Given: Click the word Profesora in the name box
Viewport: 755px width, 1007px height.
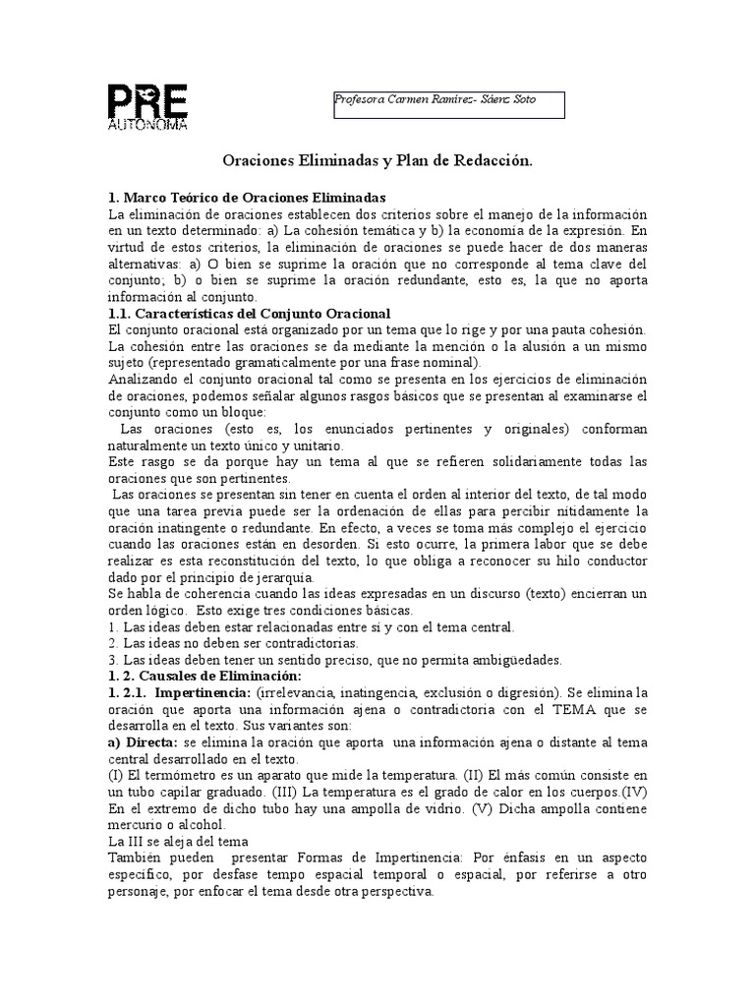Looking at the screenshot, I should [x=360, y=100].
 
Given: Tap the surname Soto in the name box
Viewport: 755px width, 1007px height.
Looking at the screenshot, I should [x=524, y=100].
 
